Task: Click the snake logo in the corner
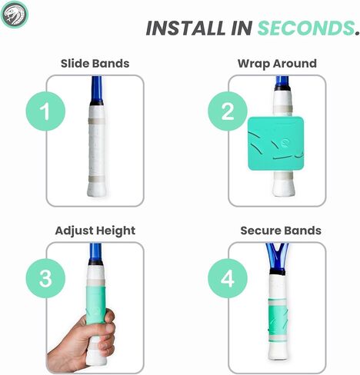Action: (15, 15)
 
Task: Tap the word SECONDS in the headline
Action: (305, 28)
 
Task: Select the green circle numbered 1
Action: (45, 111)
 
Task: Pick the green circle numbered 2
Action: (227, 111)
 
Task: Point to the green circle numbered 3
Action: (45, 278)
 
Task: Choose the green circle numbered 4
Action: (227, 278)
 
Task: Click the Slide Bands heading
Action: (95, 64)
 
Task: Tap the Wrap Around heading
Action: (277, 64)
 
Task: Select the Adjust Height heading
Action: (95, 231)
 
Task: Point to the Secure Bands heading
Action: (281, 231)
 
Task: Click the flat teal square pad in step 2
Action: (276, 144)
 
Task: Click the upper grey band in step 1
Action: (97, 121)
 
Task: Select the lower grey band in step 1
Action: (97, 179)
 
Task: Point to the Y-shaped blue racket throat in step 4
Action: (277, 256)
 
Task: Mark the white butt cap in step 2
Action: (283, 188)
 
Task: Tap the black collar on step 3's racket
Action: (95, 262)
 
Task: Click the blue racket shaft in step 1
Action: (97, 88)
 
